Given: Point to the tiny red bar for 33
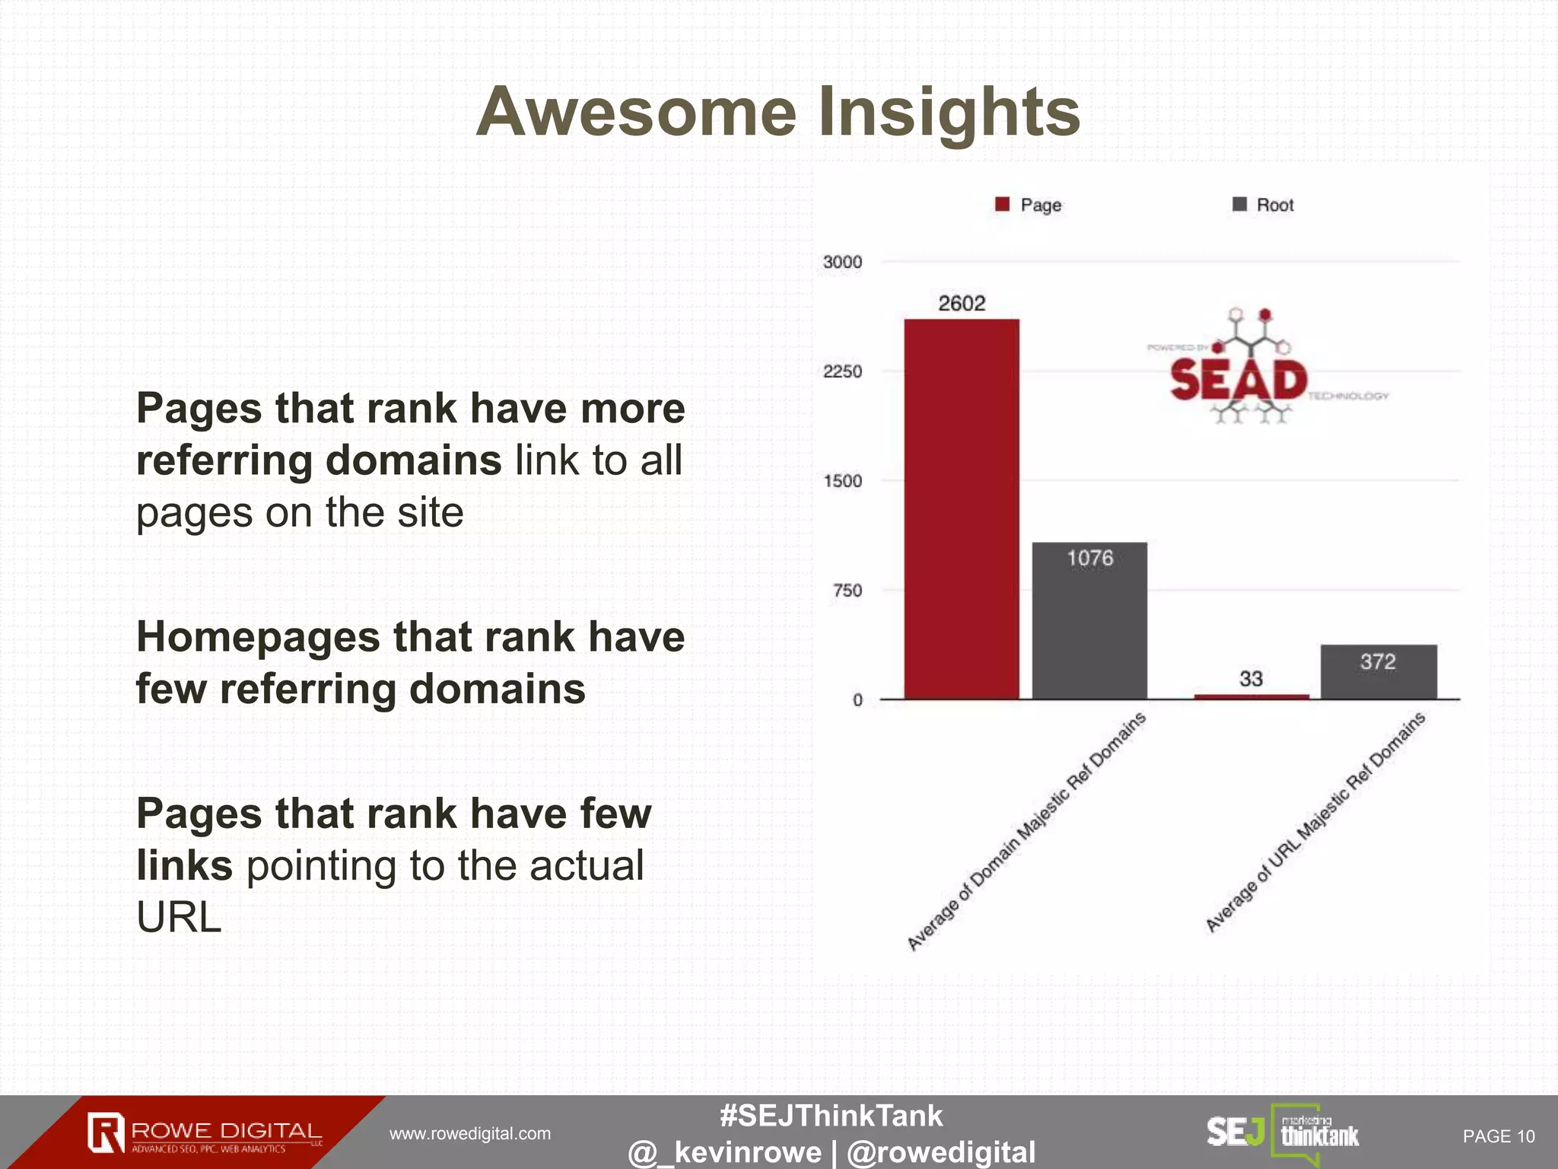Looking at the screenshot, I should (x=1251, y=696).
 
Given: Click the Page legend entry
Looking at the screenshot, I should (x=1029, y=205).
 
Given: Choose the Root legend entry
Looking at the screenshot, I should (x=1264, y=205).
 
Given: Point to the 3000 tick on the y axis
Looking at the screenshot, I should (x=843, y=262).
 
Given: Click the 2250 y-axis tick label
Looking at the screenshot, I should (x=843, y=371).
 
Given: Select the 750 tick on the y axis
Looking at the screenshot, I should (x=847, y=591).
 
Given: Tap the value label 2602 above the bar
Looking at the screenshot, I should (x=962, y=304).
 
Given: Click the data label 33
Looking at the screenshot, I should (x=1251, y=678).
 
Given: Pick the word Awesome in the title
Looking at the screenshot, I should (x=636, y=112).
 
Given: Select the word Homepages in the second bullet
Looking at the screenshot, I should (x=258, y=637).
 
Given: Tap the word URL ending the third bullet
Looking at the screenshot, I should (x=179, y=917).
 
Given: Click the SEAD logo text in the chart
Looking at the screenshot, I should (x=1238, y=380).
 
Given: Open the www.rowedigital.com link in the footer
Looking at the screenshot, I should (x=470, y=1134).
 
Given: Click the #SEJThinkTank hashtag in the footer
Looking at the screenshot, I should (x=831, y=1116).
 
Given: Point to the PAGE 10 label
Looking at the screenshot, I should (x=1498, y=1136).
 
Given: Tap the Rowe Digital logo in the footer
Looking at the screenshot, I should (x=204, y=1133).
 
